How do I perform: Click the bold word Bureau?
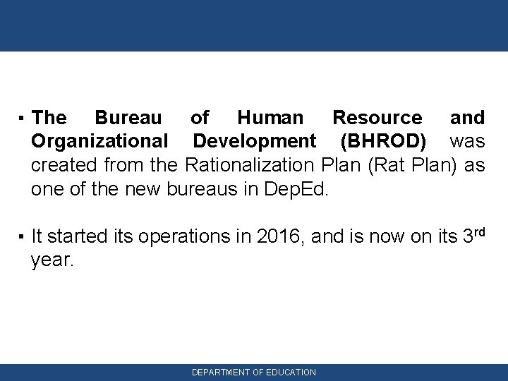point(128,117)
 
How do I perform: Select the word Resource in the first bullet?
point(377,117)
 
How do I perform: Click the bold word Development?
point(255,142)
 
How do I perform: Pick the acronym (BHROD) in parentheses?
point(383,142)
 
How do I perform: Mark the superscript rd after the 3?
point(478,231)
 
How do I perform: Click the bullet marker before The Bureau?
point(23,118)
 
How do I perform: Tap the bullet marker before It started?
point(23,238)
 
